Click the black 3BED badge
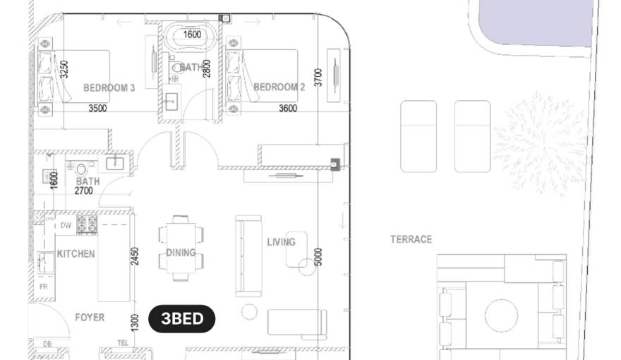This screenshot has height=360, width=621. click(x=182, y=318)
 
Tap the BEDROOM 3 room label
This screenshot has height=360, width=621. click(x=109, y=88)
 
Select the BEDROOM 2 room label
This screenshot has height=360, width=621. click(x=279, y=88)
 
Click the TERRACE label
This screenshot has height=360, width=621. click(x=411, y=239)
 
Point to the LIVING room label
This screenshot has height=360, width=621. click(x=281, y=242)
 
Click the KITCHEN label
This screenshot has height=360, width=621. click(x=76, y=253)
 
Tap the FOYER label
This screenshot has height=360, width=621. click(x=90, y=318)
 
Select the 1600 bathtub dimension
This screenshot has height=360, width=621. click(x=192, y=34)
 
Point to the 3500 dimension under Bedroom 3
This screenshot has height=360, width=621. click(x=97, y=109)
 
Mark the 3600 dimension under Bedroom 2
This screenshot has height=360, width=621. click(x=287, y=109)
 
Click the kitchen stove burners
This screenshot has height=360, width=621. click(x=87, y=224)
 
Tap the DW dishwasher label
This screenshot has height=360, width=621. click(x=66, y=225)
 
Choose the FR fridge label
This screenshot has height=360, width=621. click(x=44, y=287)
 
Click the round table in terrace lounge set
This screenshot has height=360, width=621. click(x=501, y=312)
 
